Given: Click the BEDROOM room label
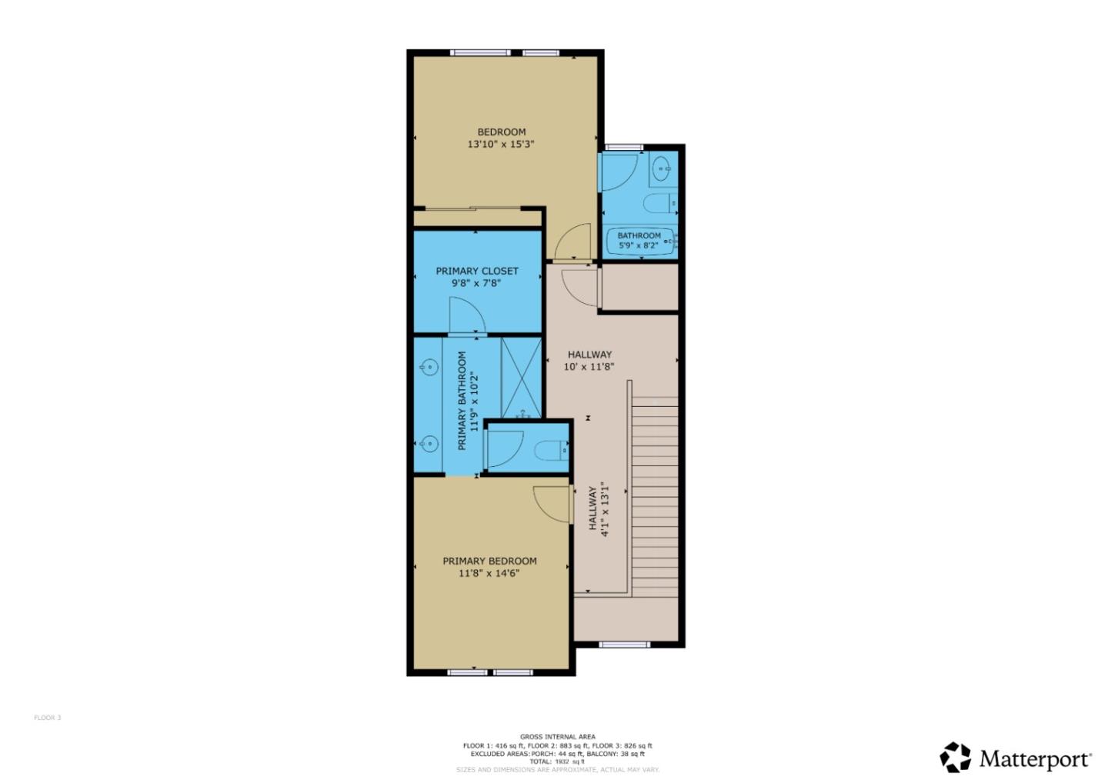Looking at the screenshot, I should click(x=501, y=132).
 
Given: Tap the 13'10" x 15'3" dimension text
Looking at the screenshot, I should click(x=501, y=144).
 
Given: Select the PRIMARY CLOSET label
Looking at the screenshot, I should click(x=477, y=271).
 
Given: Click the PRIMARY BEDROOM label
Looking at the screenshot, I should click(x=489, y=561).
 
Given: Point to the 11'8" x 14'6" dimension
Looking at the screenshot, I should click(x=489, y=573).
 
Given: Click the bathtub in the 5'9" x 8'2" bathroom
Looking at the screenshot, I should click(x=640, y=241).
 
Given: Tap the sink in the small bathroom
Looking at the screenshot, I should click(x=661, y=168).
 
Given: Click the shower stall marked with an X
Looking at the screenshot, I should click(x=522, y=378).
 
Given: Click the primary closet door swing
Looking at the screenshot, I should click(x=466, y=316).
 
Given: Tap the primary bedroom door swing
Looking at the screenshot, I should click(x=552, y=505).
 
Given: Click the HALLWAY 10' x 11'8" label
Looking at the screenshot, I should click(x=589, y=360).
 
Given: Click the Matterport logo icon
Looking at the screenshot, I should click(x=956, y=758).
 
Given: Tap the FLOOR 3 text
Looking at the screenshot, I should click(x=47, y=718).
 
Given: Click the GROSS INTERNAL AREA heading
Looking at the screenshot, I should click(x=557, y=737).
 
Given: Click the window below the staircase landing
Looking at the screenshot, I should click(x=624, y=645).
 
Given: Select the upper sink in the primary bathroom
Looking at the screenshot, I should click(x=429, y=368).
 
